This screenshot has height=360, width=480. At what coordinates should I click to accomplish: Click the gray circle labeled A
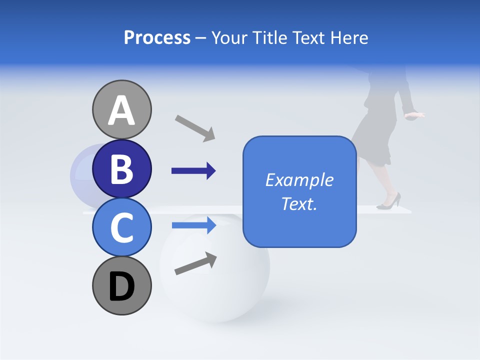[121, 109]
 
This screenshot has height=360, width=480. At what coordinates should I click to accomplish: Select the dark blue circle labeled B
[121, 169]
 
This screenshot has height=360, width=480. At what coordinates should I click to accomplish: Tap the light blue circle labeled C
[121, 227]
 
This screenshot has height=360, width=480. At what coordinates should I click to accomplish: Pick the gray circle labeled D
[121, 286]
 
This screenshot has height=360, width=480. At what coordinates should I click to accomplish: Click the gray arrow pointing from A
[195, 127]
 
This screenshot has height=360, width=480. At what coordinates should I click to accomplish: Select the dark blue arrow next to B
[193, 171]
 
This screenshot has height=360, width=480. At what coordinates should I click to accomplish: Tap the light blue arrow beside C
[193, 225]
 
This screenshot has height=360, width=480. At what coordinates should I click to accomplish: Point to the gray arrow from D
[195, 263]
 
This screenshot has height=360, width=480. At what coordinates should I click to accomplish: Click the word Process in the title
[157, 38]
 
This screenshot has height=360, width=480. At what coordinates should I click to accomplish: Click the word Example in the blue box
[299, 180]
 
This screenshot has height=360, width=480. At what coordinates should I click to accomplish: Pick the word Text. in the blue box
[299, 203]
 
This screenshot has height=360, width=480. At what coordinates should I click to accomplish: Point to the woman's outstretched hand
[415, 115]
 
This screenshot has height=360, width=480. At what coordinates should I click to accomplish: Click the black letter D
[121, 286]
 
